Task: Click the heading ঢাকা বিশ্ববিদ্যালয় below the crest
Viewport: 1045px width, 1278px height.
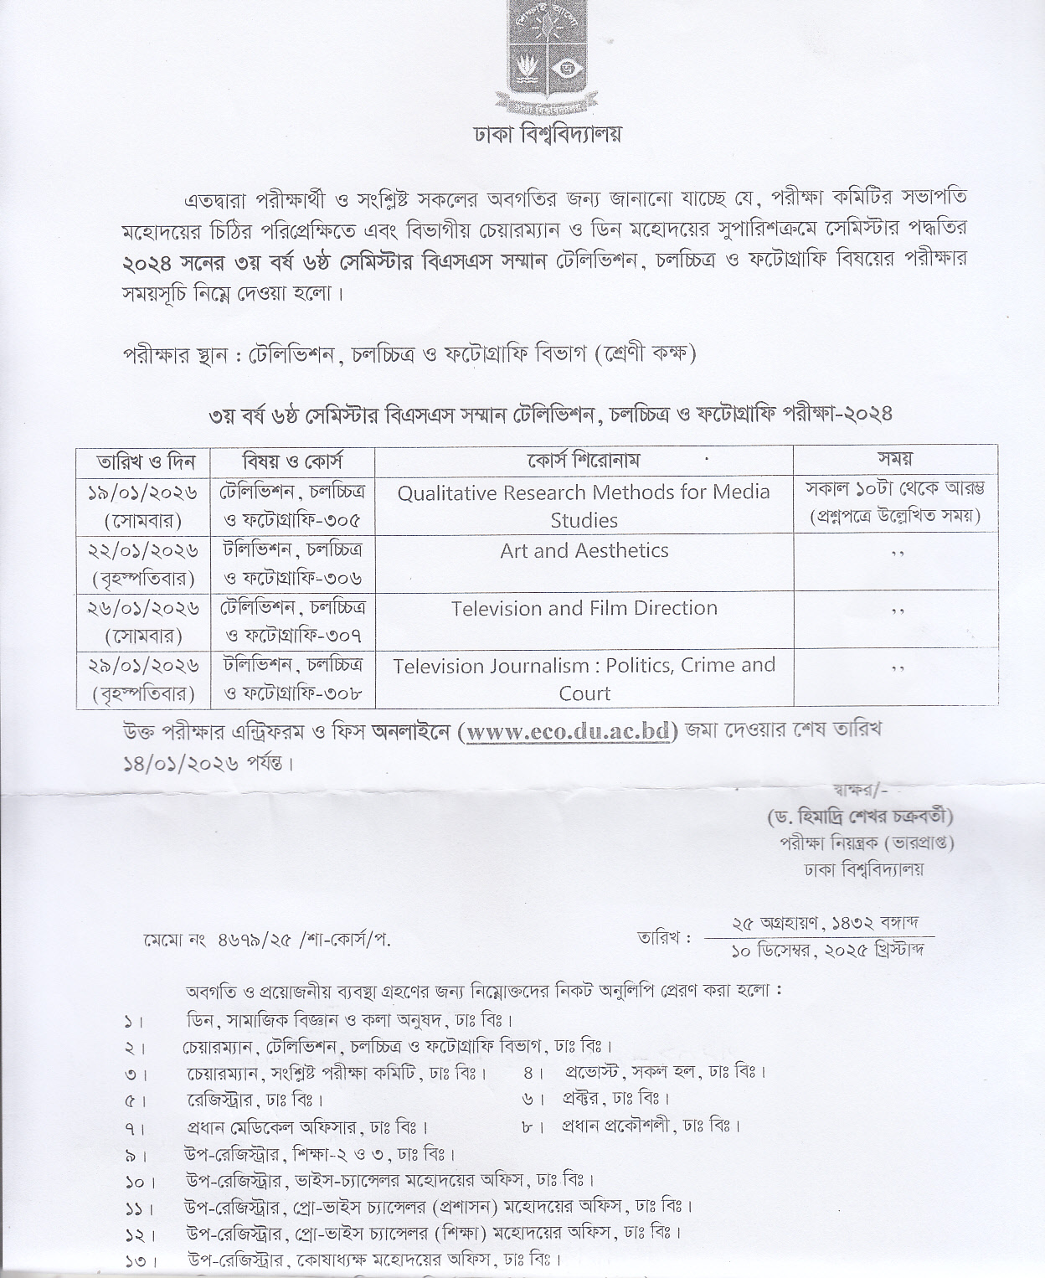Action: tap(537, 135)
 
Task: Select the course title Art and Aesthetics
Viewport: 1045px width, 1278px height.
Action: tap(584, 551)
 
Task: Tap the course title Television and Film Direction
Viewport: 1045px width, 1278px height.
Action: tap(584, 608)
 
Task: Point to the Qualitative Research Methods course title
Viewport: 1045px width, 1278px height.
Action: tap(584, 505)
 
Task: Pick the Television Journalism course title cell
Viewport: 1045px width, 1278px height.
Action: tap(584, 678)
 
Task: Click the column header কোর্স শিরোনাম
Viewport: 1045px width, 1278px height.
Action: tap(584, 460)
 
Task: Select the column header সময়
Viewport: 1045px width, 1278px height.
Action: tap(894, 459)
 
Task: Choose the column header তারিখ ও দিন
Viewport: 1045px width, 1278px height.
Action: tap(144, 461)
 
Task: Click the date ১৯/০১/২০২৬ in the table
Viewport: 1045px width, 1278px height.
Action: tap(142, 492)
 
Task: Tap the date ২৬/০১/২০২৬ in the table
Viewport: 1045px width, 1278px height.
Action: tap(142, 607)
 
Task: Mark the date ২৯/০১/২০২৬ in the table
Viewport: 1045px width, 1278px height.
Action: tap(142, 665)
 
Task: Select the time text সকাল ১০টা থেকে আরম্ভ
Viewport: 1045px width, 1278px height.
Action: tap(894, 487)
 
